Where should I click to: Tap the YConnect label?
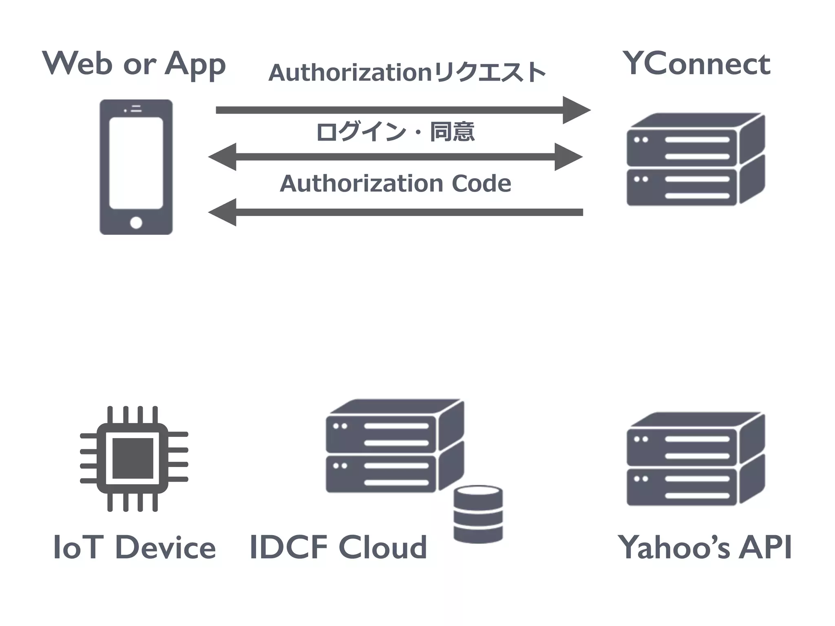pos(696,64)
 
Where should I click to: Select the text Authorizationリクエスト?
pos(407,73)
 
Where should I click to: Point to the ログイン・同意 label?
pos(395,132)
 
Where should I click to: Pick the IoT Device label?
pos(134,547)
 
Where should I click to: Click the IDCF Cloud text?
pos(338,547)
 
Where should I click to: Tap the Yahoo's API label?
pos(705,547)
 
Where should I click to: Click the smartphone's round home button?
pos(136,223)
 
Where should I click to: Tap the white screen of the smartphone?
pos(136,163)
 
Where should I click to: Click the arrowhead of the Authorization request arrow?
pos(576,110)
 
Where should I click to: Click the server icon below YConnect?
pos(695,159)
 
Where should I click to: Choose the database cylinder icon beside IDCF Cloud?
pos(478,514)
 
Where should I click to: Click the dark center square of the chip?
pos(133,458)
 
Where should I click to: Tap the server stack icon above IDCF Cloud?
pos(394,446)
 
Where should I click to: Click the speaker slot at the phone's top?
pos(137,109)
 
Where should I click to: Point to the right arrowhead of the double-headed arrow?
pos(568,157)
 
